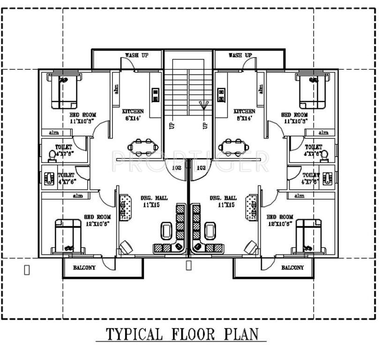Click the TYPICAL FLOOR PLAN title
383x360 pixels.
click(x=182, y=334)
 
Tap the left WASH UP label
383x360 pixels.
click(x=136, y=55)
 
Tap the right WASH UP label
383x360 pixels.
click(x=240, y=55)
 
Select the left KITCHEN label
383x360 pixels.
click(x=133, y=111)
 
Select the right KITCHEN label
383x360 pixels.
click(x=244, y=111)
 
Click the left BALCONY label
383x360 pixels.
click(x=84, y=268)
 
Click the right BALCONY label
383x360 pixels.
click(x=292, y=268)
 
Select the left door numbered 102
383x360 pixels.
click(x=177, y=168)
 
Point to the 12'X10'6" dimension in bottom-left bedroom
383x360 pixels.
click(x=98, y=224)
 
